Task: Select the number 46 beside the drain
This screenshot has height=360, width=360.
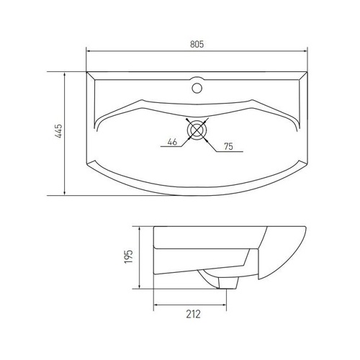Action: point(172,143)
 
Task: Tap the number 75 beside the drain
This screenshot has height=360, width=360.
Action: point(228,147)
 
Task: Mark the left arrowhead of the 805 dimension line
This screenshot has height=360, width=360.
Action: point(89,52)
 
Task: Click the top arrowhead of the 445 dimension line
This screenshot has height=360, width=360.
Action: point(66,73)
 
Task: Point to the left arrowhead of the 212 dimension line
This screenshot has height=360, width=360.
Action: point(156,304)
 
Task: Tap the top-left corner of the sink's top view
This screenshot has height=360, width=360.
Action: point(86,71)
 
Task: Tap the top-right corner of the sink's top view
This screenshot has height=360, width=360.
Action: point(309,71)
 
